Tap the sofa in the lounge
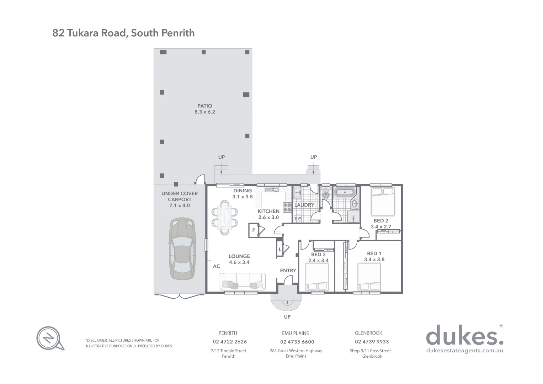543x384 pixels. pos(243,281)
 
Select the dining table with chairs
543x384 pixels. pos(225,217)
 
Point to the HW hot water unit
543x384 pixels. pos(298,218)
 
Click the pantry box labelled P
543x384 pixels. pos(254,230)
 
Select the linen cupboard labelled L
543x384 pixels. pos(280,249)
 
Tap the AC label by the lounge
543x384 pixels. pos(216,266)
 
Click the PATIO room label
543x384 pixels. pos(205,106)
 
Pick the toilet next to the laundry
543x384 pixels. pos(326,194)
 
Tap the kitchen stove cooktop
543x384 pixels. pos(287,207)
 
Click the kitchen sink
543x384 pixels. pos(273,190)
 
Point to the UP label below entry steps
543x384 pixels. pos(287,317)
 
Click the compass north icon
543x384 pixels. pos(49,337)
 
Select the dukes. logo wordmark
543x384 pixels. pos(464,335)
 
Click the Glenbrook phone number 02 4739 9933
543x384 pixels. pos(372,342)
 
